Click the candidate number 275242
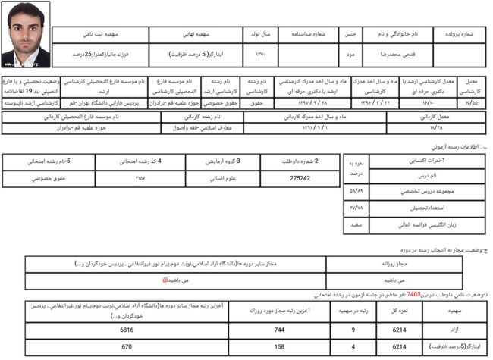[300, 178]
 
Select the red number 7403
[413, 294]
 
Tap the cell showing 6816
[127, 331]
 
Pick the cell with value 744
[280, 331]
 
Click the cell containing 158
[280, 347]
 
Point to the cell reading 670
[127, 347]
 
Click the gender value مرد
[350, 55]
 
